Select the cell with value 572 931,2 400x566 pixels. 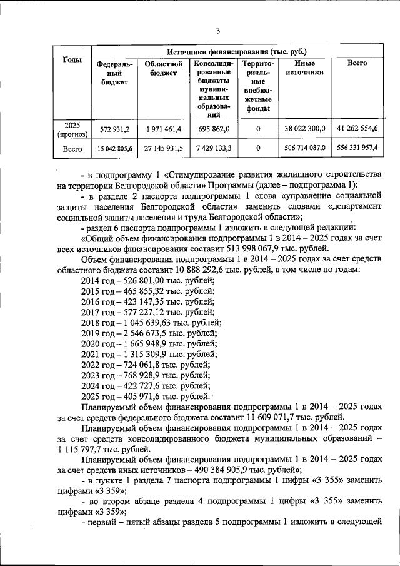point(114,129)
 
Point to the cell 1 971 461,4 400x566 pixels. point(162,129)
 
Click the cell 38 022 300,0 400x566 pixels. point(304,129)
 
